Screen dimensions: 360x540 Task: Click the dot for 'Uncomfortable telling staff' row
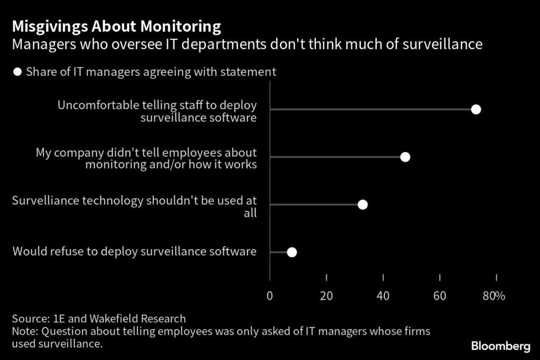(476, 110)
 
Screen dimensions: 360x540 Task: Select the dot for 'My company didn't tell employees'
(405, 157)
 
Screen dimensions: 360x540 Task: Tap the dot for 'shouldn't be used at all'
(362, 205)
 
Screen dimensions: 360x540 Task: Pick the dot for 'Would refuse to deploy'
(292, 252)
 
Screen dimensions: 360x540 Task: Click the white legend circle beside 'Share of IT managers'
(18, 72)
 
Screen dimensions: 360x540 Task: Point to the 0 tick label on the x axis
(270, 296)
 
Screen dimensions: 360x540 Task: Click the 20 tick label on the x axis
(326, 296)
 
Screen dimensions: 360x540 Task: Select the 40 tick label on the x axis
(383, 296)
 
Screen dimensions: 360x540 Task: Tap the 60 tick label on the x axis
(440, 296)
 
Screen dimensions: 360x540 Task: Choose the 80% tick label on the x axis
(494, 296)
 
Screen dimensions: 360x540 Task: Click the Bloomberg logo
(500, 346)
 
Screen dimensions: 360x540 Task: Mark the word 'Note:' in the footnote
(25, 332)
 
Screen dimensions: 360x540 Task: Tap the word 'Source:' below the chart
(31, 318)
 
